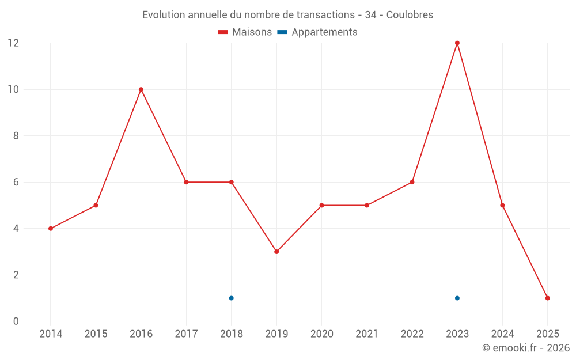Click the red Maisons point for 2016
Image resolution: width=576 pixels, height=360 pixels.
[x=141, y=89]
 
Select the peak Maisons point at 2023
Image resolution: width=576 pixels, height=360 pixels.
[x=457, y=43]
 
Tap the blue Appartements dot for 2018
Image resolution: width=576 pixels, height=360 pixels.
[x=232, y=298]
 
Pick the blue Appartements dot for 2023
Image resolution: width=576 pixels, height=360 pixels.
[x=457, y=298]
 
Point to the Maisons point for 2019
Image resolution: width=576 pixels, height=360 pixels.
[x=276, y=252]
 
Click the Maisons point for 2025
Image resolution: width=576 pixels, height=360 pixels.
[x=548, y=298]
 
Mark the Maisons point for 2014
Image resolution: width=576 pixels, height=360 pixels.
[x=51, y=229]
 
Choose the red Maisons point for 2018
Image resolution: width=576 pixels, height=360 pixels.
[x=232, y=182]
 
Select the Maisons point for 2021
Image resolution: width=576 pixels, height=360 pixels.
[x=367, y=205]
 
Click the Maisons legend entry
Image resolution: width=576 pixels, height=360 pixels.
[x=245, y=32]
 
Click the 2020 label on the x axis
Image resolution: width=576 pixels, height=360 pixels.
[x=322, y=334]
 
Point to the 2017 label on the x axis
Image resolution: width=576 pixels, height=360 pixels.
[x=186, y=334]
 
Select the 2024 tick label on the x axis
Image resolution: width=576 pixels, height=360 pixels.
[x=502, y=334]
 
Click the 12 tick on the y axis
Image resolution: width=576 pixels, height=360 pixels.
[x=13, y=43]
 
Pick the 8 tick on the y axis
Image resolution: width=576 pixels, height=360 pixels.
[x=16, y=136]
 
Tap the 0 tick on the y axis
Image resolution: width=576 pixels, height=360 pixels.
[x=16, y=321]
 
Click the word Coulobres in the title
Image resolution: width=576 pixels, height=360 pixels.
[x=410, y=14]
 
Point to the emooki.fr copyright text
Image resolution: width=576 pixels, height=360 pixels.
[x=526, y=348]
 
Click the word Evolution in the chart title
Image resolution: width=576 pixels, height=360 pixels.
[x=164, y=14]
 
